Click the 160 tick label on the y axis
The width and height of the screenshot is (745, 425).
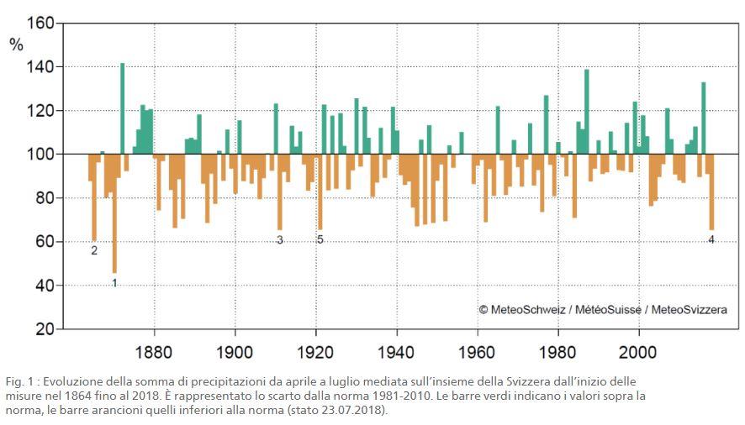(x=40, y=23)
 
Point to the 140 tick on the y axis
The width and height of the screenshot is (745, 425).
(x=40, y=66)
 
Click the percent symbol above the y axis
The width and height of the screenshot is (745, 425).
(x=17, y=45)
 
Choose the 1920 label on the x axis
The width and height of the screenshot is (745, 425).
(x=315, y=349)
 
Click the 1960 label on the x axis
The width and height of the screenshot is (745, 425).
(x=478, y=349)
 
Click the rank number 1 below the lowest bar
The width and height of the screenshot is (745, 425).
(x=114, y=283)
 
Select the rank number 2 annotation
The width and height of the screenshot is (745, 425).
(x=94, y=250)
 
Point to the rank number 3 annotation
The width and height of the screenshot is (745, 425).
(x=280, y=240)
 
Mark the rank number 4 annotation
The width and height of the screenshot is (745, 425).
(x=711, y=240)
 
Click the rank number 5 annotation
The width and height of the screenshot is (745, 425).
(x=320, y=240)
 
